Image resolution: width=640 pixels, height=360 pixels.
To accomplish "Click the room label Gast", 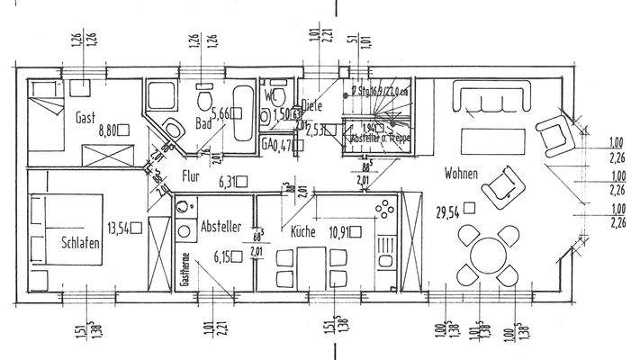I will pos(86,116).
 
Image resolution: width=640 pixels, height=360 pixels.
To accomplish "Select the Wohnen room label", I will pos(459,174).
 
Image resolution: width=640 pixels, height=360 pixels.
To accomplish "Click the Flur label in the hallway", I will pos(190,176).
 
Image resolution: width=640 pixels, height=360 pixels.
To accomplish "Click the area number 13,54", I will pos(119,228).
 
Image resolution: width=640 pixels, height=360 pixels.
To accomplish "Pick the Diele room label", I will pos(311,104).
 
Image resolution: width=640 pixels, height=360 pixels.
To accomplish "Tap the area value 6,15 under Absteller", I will pos(222,257).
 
